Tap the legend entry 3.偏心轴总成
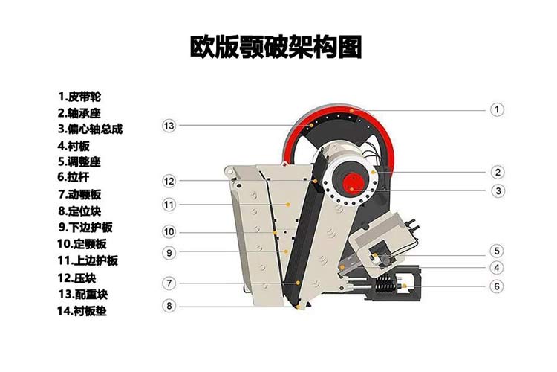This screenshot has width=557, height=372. click(x=90, y=129)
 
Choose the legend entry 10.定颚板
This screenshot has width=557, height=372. click(x=82, y=243)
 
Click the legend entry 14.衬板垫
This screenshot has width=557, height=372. click(x=82, y=310)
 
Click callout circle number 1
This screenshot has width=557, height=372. click(x=496, y=109)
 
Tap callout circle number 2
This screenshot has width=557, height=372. click(x=496, y=172)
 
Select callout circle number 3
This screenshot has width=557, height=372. click(x=496, y=190)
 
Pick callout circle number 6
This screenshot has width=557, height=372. click(x=496, y=286)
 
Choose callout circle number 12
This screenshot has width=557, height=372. click(x=169, y=181)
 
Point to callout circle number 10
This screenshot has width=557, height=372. click(x=169, y=232)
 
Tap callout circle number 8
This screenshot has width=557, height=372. click(x=169, y=305)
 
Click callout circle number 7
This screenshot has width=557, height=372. click(x=169, y=283)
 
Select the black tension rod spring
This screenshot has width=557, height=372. click(x=384, y=285)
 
